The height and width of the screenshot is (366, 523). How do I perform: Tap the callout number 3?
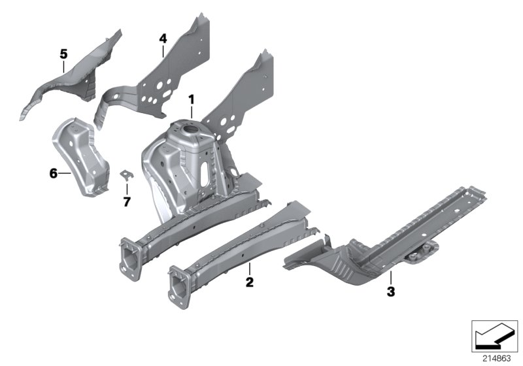coord(391,292)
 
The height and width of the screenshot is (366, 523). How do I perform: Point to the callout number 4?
coord(163,39)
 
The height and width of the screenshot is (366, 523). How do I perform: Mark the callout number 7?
coord(127,201)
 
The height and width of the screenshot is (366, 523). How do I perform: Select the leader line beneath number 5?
coord(63,64)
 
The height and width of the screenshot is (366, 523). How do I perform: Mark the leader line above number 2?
coord(249,269)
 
